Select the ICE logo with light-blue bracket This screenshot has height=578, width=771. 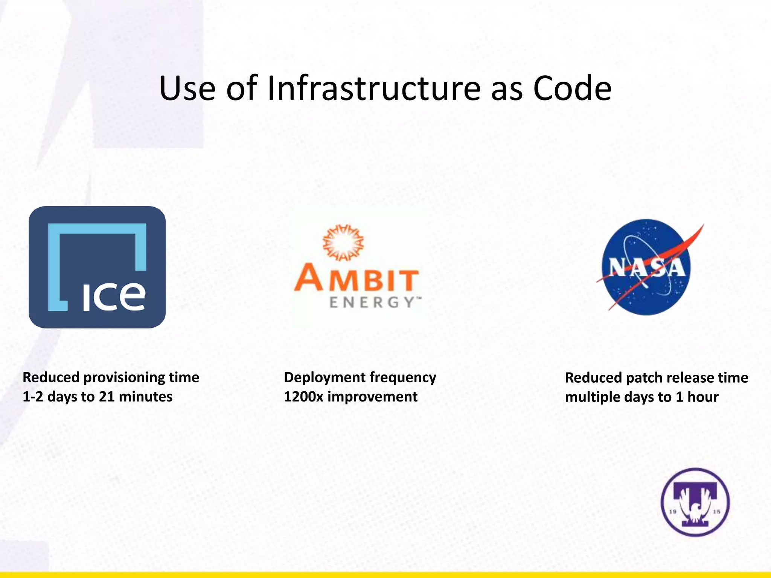click(97, 267)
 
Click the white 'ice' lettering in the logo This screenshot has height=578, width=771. click(114, 297)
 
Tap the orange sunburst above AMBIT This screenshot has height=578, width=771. click(343, 243)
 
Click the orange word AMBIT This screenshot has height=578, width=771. click(356, 278)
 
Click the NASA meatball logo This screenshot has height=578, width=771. click(646, 267)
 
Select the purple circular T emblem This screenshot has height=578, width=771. click(695, 502)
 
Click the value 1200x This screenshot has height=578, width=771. click(304, 397)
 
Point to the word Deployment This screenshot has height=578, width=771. click(324, 377)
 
